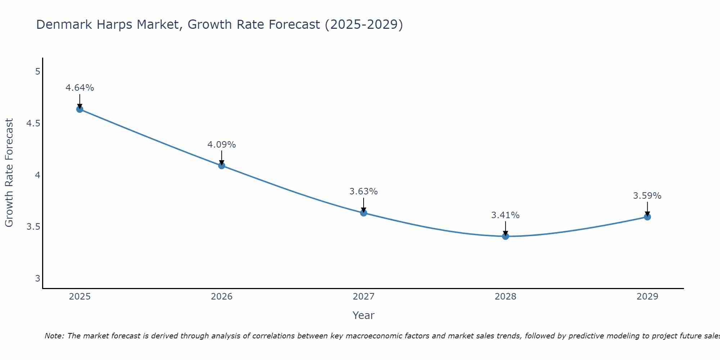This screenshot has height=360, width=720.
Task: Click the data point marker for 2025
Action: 80,109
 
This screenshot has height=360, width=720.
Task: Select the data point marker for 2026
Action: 222,166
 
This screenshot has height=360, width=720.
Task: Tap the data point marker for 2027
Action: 364,213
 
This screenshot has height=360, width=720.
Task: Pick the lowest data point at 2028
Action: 505,236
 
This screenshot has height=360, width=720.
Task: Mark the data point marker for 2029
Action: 647,217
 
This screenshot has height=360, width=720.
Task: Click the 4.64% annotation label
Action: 80,88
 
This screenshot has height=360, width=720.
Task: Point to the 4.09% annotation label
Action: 222,145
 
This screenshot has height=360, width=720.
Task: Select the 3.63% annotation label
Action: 364,192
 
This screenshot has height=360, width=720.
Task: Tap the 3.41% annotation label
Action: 505,215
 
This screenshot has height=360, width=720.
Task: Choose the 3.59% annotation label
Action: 647,196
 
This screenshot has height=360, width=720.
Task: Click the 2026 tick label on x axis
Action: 222,297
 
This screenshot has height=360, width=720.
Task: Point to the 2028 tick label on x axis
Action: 505,297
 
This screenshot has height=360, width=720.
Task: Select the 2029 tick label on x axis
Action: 647,297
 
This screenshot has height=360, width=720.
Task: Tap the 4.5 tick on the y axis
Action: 33,123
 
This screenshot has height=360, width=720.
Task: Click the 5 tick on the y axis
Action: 37,72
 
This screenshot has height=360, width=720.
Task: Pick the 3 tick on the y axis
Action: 37,278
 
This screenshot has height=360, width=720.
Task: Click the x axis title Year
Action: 364,315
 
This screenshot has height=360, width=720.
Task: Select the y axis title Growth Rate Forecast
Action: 9,173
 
